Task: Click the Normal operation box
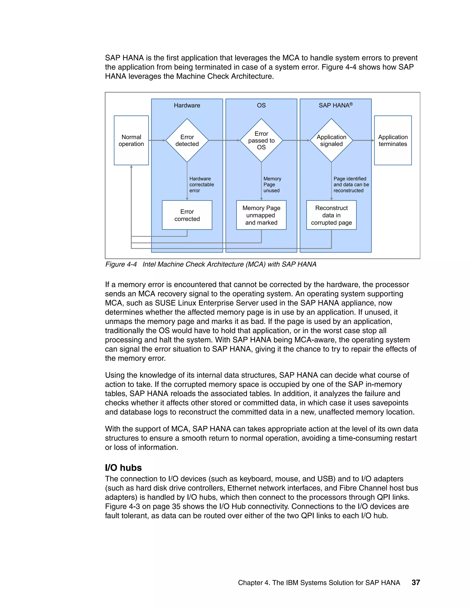click(131, 140)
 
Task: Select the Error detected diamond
click(187, 140)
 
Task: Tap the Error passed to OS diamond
click(261, 140)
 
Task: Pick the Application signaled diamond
click(331, 140)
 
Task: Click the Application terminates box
click(393, 140)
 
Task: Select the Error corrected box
click(187, 215)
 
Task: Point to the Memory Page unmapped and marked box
click(261, 215)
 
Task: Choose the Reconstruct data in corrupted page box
click(331, 215)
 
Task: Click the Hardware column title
click(187, 105)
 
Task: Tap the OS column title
click(261, 105)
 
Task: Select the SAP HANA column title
click(335, 105)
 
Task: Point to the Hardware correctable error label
click(201, 184)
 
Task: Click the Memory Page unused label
click(272, 184)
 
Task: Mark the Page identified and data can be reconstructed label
click(351, 184)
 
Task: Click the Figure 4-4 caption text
click(211, 264)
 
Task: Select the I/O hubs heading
click(123, 467)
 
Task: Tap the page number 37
click(415, 582)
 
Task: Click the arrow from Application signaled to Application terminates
click(363, 140)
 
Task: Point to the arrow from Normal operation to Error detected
click(157, 140)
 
